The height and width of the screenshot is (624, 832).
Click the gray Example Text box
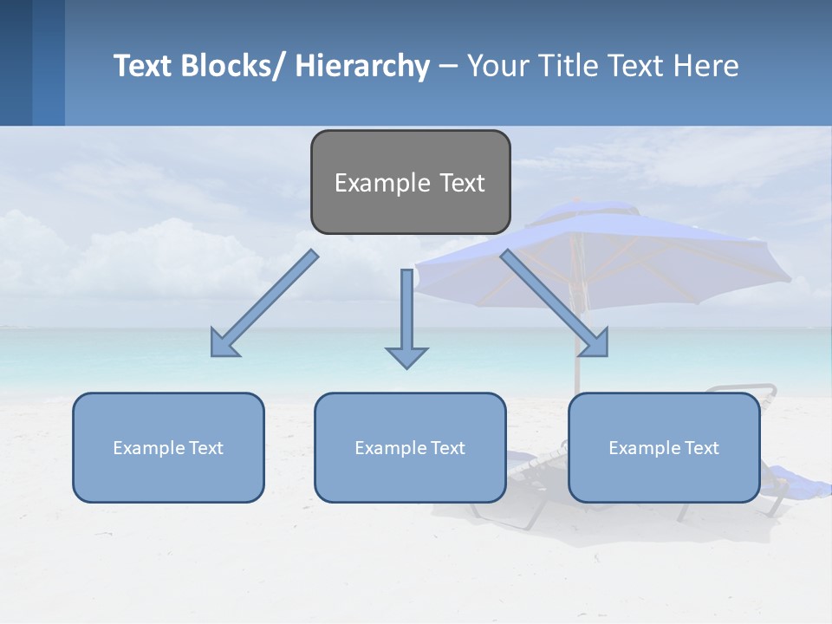[410, 182]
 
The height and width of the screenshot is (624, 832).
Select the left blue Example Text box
[168, 447]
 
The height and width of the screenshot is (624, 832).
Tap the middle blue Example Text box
[410, 447]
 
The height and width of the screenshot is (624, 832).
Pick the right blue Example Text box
[664, 447]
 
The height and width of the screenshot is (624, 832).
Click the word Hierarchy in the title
[362, 66]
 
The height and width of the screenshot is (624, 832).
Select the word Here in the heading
[707, 66]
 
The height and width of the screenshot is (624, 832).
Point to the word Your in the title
[497, 66]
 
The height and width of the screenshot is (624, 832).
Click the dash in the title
[448, 66]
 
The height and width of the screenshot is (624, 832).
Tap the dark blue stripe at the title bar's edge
[16, 62]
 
